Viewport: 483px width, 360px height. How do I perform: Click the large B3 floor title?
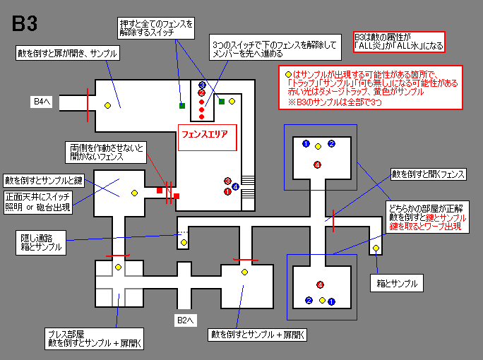tap(25, 23)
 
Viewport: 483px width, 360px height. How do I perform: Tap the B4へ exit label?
tap(42, 102)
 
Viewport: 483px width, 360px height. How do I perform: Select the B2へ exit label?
tap(184, 319)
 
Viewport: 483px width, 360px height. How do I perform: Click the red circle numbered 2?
tap(201, 92)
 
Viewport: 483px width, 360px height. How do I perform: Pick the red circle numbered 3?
tap(227, 181)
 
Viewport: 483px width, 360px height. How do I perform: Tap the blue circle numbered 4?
tap(235, 186)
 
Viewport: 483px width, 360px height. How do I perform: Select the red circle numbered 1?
tap(227, 191)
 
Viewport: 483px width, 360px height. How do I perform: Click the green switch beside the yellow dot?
tap(222, 102)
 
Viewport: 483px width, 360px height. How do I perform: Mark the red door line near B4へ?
tap(87, 102)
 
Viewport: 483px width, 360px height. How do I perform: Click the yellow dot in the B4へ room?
tap(107, 106)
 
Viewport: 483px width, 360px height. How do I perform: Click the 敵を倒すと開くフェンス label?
tap(429, 173)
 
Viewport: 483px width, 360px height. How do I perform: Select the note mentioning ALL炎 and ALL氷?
tap(398, 41)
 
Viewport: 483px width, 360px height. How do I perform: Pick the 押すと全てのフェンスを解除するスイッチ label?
tap(156, 28)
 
